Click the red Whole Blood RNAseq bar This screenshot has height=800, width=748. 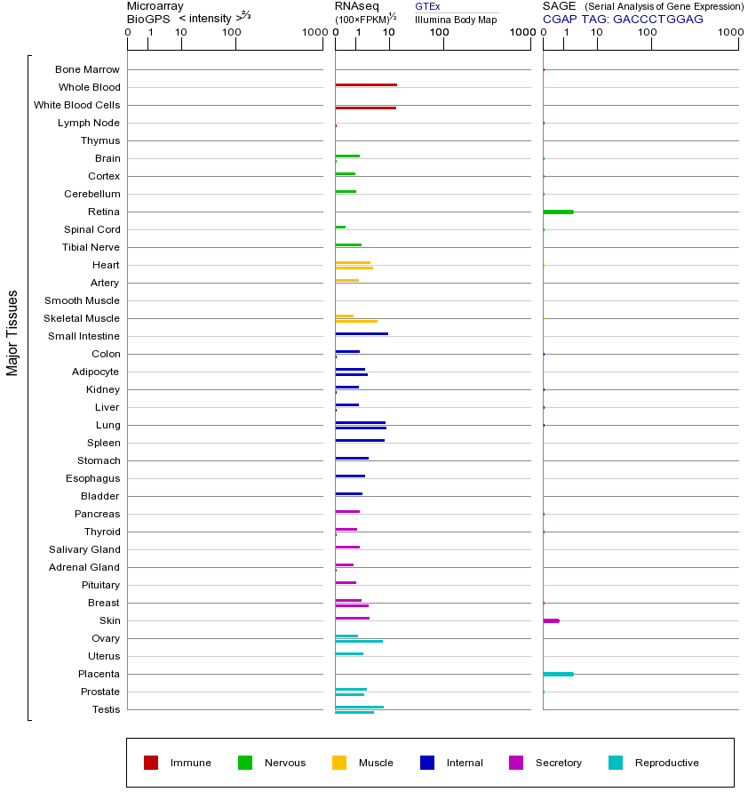[366, 84]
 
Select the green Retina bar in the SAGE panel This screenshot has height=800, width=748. [558, 212]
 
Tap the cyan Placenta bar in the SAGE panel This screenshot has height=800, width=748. [558, 674]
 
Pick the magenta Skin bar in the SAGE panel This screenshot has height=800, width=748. [551, 620]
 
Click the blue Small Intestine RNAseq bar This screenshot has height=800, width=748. [362, 333]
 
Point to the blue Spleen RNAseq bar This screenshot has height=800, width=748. [360, 440]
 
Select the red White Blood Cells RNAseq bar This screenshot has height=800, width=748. [365, 108]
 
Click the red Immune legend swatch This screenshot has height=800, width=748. [151, 763]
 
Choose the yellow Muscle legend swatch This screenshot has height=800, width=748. [339, 763]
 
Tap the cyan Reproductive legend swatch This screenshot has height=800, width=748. [616, 763]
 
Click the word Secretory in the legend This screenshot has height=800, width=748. [558, 763]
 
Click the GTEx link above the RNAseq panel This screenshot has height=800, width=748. [427, 6]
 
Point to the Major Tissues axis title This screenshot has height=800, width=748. [12, 332]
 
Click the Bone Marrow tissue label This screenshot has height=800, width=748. [87, 69]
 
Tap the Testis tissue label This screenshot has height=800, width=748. [106, 709]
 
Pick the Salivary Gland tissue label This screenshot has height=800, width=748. [85, 549]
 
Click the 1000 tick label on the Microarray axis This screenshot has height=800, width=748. [313, 33]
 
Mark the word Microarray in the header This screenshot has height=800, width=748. [155, 6]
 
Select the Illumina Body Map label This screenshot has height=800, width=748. [456, 19]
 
